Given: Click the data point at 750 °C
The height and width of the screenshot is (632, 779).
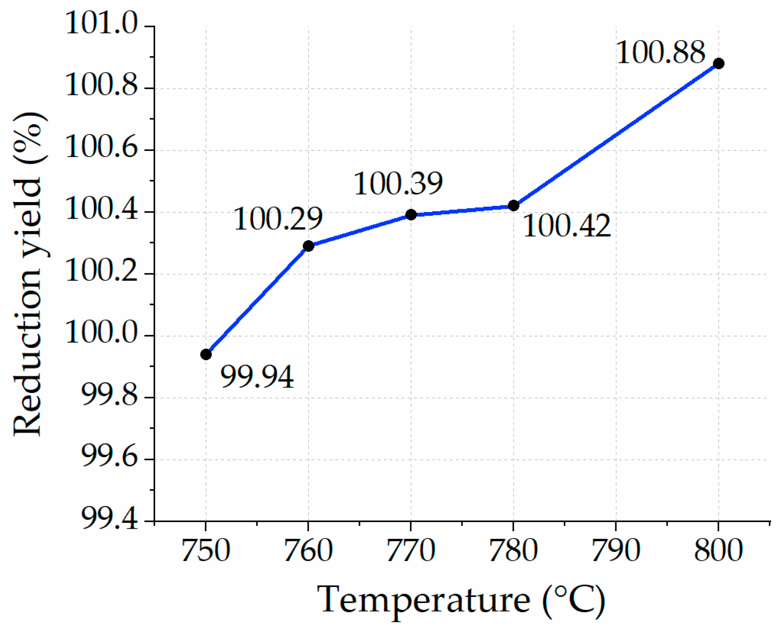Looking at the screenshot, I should (206, 354).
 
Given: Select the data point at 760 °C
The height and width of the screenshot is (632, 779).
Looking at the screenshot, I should (309, 246).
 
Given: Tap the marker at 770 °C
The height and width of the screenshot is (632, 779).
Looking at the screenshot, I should (411, 215).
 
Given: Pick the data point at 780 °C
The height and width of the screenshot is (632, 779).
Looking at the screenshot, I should (513, 205).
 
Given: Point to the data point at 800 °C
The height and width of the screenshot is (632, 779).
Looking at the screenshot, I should (719, 63).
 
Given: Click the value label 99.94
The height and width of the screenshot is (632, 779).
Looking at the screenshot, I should (257, 377).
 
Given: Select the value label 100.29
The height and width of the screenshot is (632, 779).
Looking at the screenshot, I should (278, 219).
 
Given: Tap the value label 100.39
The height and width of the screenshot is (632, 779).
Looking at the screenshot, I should (398, 184).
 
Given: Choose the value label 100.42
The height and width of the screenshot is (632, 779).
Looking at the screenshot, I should (567, 226).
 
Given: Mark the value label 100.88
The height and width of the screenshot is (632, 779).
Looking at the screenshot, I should (661, 53).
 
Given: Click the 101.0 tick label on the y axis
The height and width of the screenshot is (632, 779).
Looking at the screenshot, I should (101, 23).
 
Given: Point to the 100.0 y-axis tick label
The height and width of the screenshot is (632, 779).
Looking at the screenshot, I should (101, 333).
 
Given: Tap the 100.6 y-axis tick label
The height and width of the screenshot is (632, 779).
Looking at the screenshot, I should (101, 147).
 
